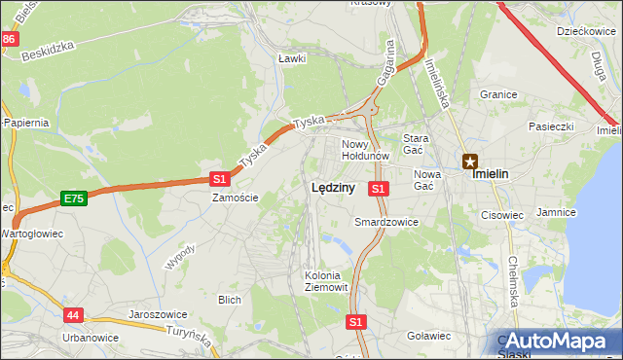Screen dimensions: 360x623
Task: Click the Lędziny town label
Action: [x=332, y=189]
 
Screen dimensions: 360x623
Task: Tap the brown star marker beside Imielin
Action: [x=470, y=162]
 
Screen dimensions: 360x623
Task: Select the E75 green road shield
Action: [x=73, y=198]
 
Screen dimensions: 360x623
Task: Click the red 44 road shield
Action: [x=74, y=315]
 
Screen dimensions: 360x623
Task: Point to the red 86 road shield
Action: [x=9, y=39]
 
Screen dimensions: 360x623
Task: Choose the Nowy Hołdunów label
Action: [x=365, y=150]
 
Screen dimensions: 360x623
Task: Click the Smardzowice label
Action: [x=386, y=222]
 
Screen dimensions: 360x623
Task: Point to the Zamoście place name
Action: [x=236, y=198]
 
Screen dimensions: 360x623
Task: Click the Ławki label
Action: [x=292, y=58]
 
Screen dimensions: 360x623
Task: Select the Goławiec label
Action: [x=428, y=336]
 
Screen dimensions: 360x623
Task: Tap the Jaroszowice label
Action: [x=158, y=315]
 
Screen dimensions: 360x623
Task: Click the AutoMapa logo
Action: [x=558, y=342]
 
